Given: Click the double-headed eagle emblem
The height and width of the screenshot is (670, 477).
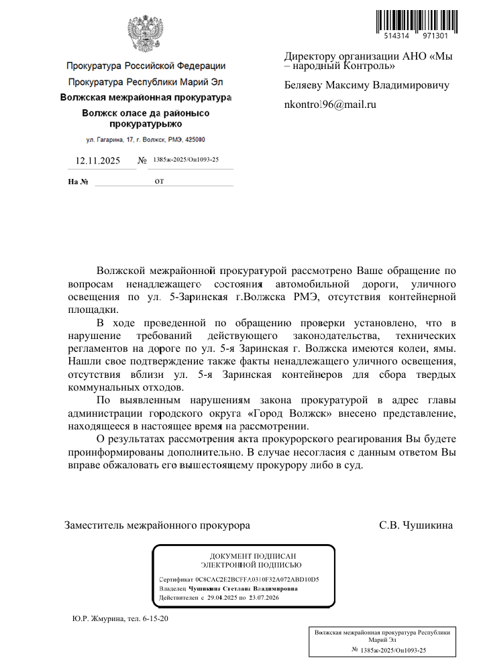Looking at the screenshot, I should click(146, 33).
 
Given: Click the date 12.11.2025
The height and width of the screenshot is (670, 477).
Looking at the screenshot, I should click(97, 161).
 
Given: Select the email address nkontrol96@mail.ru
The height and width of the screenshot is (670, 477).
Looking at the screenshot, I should click(330, 105).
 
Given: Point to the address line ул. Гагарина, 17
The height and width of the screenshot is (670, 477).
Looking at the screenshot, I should click(146, 139).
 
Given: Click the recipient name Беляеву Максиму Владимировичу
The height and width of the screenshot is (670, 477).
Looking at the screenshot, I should click(366, 85).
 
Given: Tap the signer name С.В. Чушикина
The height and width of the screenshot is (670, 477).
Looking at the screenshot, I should click(416, 525).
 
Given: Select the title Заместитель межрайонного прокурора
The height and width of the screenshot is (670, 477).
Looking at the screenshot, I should click(157, 525).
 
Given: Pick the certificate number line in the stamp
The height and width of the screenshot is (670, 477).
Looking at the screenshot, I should click(239, 579).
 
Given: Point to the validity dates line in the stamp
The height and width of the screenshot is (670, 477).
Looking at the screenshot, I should click(219, 597).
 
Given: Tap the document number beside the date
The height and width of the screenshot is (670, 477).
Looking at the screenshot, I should click(186, 160).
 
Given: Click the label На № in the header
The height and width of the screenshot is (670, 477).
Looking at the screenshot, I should click(78, 182).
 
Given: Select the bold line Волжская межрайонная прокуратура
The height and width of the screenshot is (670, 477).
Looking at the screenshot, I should click(146, 98).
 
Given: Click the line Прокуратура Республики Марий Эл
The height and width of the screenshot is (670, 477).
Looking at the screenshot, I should click(146, 82).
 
